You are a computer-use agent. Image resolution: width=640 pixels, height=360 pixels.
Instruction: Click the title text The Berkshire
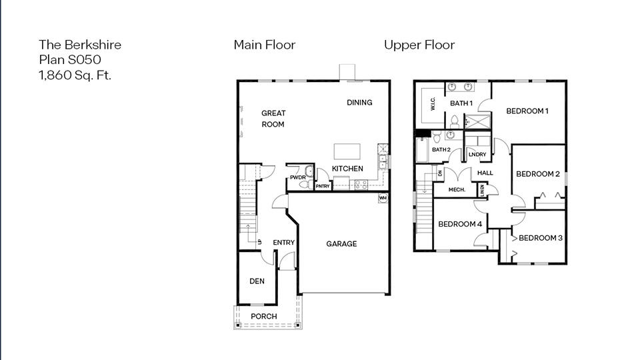pos(80,45)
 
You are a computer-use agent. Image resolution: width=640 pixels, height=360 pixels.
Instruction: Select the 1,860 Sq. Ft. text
pos(75,75)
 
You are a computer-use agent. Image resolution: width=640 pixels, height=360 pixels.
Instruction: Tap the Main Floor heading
pos(264,45)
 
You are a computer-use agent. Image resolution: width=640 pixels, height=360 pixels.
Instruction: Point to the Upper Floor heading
pos(419,45)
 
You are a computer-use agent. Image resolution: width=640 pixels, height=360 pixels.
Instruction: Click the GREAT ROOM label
pos(273,119)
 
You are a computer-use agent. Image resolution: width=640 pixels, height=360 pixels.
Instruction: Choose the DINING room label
pos(359,102)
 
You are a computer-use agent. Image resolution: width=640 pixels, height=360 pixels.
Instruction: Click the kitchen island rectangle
pos(347,149)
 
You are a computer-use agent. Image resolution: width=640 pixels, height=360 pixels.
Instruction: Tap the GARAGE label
pos(341,244)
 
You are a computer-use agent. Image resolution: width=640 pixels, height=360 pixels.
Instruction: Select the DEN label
pos(257,281)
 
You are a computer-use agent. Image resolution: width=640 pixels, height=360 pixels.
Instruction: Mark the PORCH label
pos(263,316)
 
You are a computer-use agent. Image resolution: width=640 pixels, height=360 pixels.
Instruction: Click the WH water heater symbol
pos(383,198)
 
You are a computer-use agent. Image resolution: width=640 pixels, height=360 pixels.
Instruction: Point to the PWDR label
pos(297,177)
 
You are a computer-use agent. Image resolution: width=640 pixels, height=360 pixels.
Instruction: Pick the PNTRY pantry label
pos(323,186)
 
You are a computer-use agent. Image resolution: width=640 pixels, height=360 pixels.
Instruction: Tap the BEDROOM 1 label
pos(527,111)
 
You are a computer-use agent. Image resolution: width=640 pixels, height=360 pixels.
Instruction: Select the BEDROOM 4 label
pos(459,224)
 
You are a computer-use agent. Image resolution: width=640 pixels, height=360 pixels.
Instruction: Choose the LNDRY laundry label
pos(477,155)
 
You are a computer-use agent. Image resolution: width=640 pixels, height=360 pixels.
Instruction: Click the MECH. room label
pos(456,190)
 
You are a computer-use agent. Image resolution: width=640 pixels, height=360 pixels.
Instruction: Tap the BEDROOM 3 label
pos(541,238)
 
